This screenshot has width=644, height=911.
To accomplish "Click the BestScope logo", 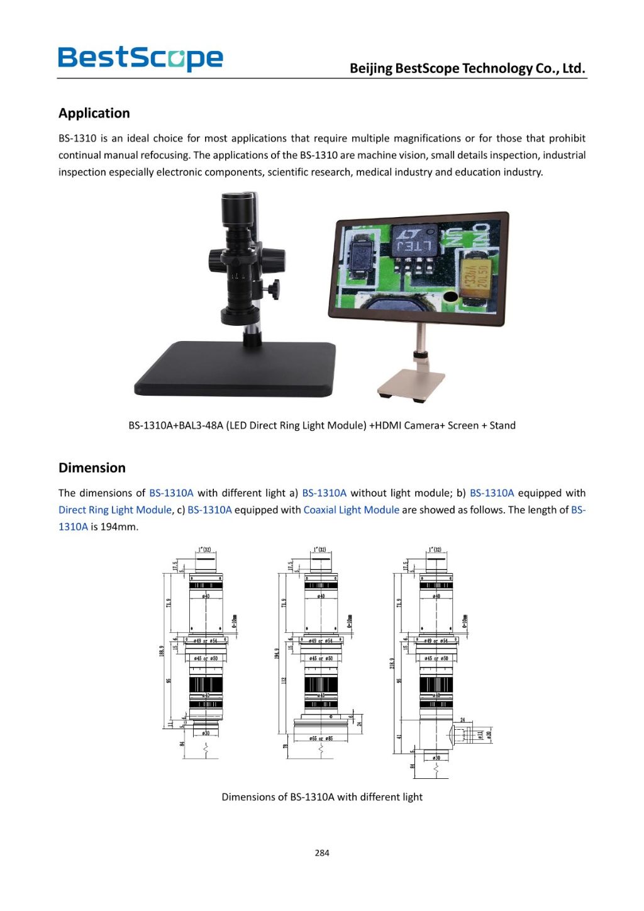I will coord(140,58).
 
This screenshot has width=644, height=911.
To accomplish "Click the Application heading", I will coord(94,113).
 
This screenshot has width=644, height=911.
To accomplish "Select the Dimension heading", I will coord(92,467).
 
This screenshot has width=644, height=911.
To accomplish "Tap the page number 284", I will coord(322,852).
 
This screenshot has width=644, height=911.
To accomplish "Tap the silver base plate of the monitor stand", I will coord(412,383).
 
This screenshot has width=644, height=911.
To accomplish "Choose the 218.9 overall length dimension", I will coord(392,663).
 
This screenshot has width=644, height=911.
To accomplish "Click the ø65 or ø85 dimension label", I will coord(321,738).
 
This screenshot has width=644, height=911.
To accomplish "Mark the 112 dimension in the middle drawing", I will coord(284,681).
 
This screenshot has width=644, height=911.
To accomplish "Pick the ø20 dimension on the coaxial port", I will coord(489,734).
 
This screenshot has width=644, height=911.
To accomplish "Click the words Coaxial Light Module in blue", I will coord(351,510).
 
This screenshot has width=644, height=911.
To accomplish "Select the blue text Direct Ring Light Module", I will coord(115,510).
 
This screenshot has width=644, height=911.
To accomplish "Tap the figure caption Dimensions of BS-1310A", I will coord(322,796).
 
